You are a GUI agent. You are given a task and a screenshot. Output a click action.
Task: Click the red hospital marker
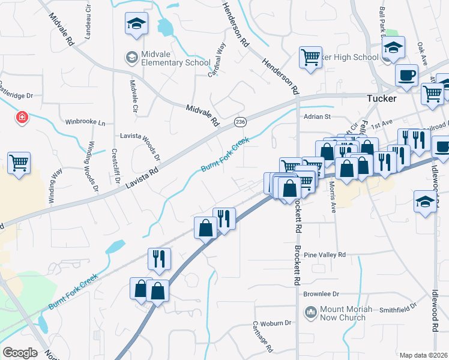coord(22,116)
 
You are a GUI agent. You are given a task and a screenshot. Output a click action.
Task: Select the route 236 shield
coord(240,121)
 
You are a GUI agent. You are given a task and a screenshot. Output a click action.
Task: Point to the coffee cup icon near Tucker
coord(406,76)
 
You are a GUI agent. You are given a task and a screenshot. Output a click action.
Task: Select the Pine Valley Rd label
coord(325,255)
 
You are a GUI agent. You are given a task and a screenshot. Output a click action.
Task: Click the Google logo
coord(20,352)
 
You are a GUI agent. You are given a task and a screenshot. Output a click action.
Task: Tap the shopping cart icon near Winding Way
coord(19,162)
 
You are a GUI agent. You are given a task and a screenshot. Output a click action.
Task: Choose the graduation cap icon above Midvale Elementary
coord(136,24)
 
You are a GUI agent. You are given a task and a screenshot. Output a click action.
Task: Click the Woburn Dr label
coord(279,323)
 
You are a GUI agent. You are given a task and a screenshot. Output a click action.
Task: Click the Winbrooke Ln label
coord(85,122)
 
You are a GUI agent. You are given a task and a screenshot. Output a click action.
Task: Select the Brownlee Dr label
coord(321,294)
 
